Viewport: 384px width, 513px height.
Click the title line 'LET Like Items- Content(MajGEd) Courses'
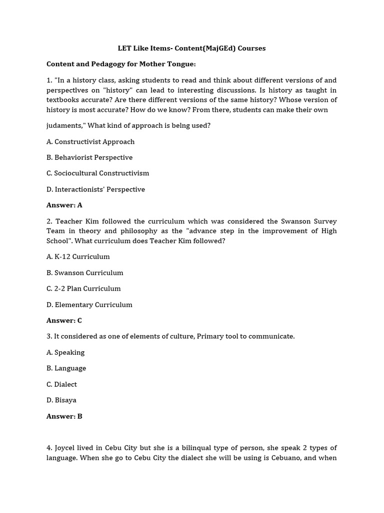191,49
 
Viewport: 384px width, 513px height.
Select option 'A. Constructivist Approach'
90,142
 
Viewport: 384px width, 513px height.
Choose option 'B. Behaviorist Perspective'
89,157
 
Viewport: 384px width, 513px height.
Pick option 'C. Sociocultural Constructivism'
98,173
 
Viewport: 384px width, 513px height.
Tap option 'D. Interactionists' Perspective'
95,189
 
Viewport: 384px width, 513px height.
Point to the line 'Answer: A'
64,205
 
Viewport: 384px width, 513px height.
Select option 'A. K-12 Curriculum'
78,256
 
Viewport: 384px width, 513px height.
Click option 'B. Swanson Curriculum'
85,273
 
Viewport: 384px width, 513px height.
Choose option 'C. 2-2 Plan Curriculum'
83,289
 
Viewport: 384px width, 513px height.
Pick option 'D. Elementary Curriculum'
89,305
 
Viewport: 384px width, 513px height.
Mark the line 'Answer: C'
64,320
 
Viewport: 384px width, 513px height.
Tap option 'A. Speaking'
65,352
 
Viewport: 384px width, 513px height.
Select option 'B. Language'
66,368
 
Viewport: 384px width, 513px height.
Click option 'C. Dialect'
62,384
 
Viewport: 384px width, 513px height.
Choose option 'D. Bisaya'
61,400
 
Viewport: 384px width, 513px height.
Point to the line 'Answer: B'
64,416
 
